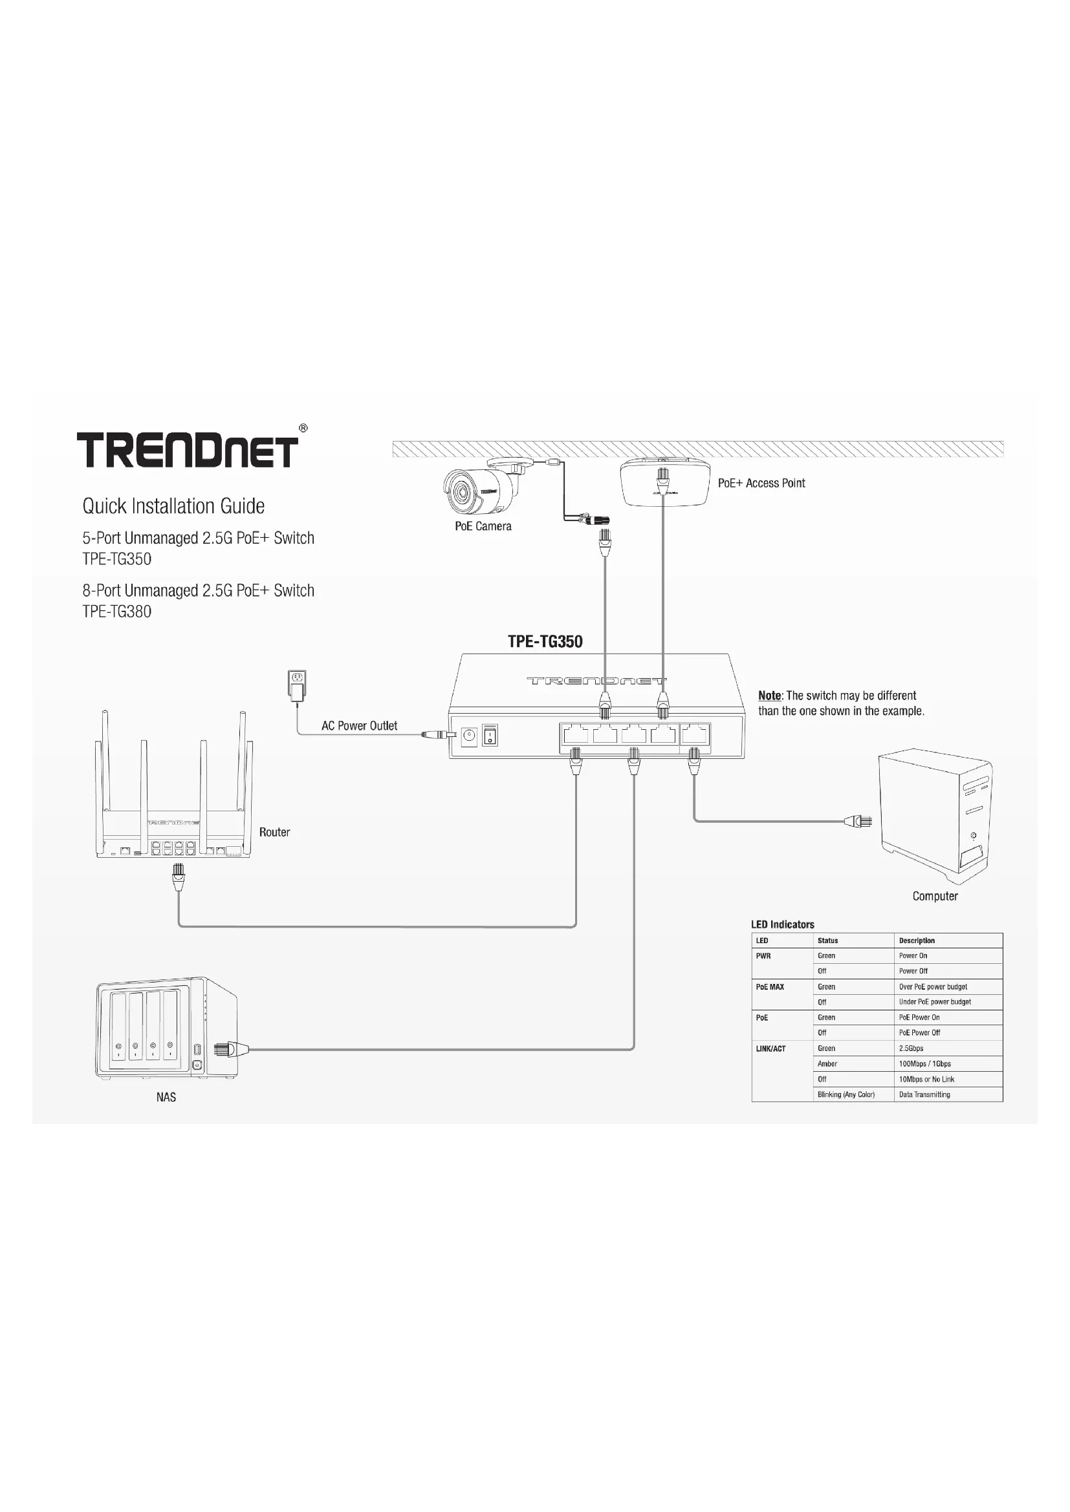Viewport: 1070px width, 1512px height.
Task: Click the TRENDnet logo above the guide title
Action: coord(188,450)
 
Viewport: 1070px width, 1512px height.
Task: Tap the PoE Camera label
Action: coord(483,526)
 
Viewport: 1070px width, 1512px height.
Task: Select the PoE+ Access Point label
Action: coord(761,483)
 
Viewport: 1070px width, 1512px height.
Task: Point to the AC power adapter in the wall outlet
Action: coord(297,685)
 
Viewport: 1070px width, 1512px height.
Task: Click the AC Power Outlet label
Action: coord(359,726)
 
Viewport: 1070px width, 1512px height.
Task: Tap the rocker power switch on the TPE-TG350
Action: coord(490,735)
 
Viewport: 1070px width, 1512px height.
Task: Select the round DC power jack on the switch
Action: coord(469,736)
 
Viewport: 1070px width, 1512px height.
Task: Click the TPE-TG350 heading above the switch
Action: coord(545,641)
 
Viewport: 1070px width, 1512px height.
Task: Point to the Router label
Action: coord(274,833)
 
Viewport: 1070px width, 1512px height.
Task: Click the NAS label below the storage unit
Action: coord(166,1097)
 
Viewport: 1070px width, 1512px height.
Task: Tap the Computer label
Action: coord(935,896)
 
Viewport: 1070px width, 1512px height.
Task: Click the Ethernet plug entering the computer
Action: coord(859,821)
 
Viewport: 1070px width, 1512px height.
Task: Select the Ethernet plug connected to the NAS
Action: coord(230,1049)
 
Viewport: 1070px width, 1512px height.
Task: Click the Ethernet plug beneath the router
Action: coord(178,877)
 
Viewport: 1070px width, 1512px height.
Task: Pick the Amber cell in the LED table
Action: coord(827,1063)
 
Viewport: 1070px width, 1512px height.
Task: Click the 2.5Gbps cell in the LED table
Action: coord(912,1049)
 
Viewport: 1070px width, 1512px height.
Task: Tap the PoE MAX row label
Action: coord(770,987)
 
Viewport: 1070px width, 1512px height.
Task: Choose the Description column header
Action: coord(917,941)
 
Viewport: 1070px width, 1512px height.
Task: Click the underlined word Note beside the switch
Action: coord(769,696)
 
